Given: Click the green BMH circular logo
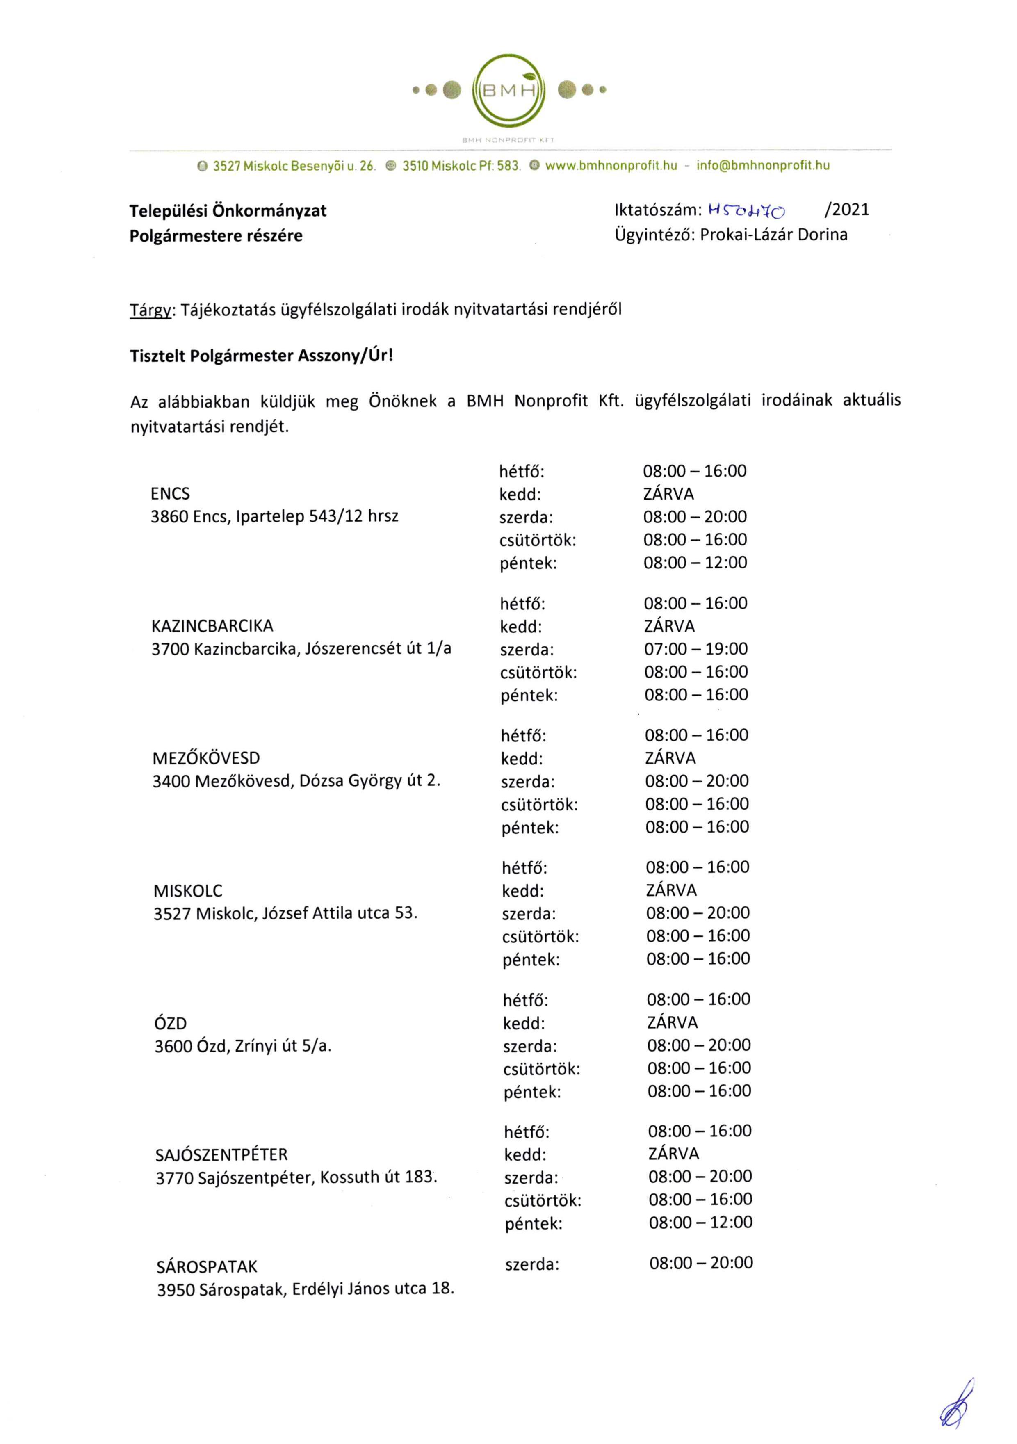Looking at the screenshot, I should [x=509, y=91].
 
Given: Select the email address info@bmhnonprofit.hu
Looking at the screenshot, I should [x=762, y=166].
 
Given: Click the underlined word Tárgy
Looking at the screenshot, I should [x=150, y=310].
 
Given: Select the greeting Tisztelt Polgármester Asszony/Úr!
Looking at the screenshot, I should [x=261, y=356].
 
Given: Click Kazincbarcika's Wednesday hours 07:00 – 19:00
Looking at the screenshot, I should [x=695, y=649].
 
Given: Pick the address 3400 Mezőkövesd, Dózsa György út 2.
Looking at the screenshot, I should [x=296, y=781].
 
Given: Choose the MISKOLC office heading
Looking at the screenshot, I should [x=187, y=890].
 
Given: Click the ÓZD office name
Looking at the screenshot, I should [x=171, y=1023].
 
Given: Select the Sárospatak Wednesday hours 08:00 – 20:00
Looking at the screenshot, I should [x=701, y=1263].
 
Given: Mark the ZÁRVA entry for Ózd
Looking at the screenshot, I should [x=673, y=1023].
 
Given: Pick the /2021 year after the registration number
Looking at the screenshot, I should [x=846, y=210].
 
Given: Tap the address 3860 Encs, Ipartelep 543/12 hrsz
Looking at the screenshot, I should [x=274, y=517].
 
